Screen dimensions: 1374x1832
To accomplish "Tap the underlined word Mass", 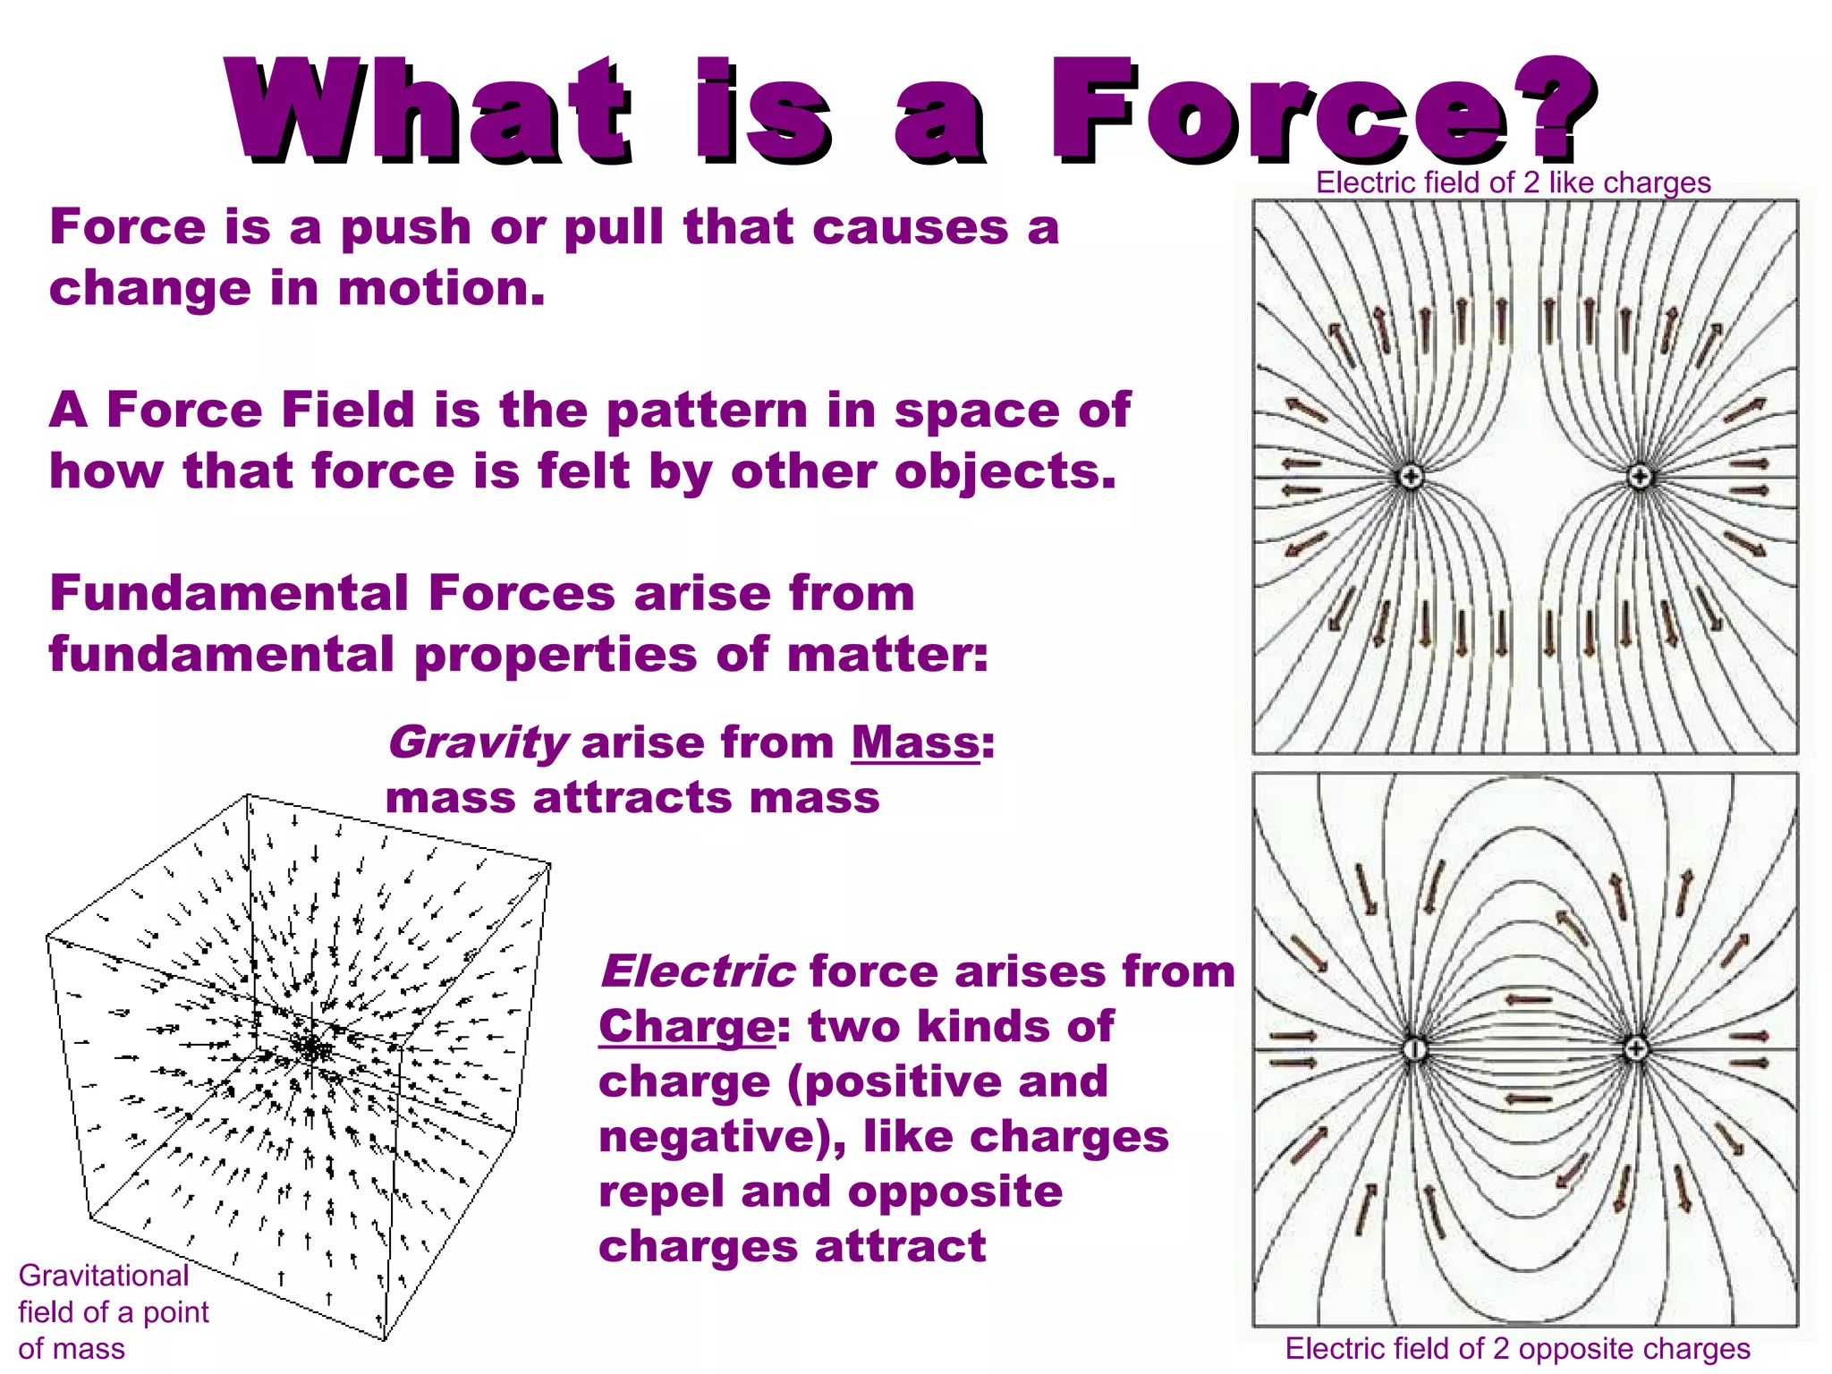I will coord(914,742).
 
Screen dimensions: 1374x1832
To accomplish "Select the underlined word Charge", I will coord(686,1026).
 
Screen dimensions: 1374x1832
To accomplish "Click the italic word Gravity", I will coord(478,743).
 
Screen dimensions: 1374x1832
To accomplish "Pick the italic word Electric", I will coord(697,971).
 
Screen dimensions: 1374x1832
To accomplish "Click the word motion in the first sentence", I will coord(440,289).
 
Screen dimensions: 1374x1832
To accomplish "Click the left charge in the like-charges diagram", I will coord(1411,477).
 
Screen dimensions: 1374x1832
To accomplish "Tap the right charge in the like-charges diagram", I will coord(1640,477).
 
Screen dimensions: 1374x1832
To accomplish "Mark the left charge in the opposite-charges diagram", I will coord(1414,1048).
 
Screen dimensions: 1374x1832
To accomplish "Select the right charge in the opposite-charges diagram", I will coord(1635,1048).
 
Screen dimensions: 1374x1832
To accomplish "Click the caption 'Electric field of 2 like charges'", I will coord(1513,182).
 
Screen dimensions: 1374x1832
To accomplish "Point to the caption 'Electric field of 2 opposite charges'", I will coord(1517,1348).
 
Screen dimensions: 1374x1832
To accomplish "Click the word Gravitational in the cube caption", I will coord(104,1276).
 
